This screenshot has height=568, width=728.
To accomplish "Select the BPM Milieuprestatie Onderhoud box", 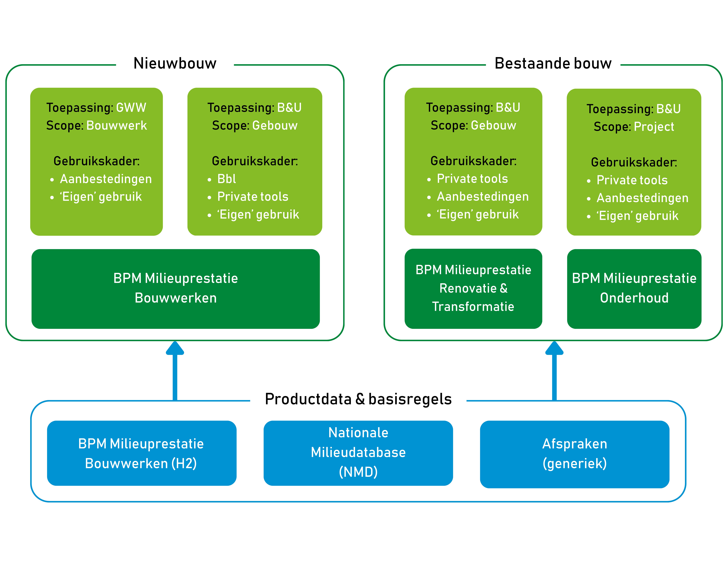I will (x=634, y=288).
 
